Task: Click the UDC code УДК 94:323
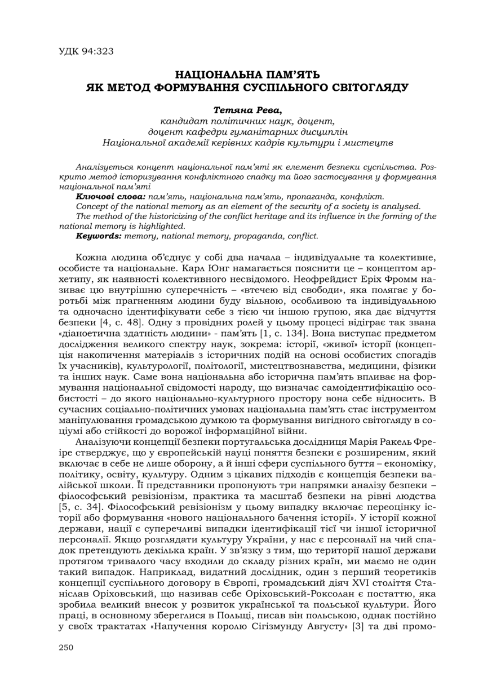86,51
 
